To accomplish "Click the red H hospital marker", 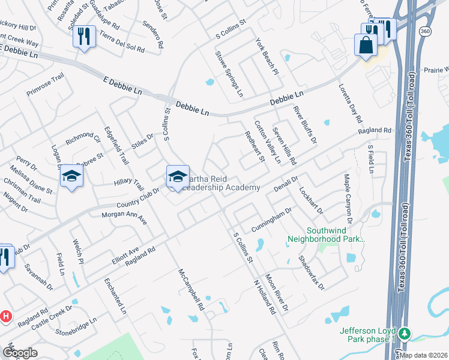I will pyautogui.click(x=5, y=316).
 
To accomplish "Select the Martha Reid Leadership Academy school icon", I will pyautogui.click(x=178, y=176).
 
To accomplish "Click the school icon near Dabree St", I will pyautogui.click(x=71, y=176).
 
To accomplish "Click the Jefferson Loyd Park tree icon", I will pyautogui.click(x=405, y=333).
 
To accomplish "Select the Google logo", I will pyautogui.click(x=20, y=353).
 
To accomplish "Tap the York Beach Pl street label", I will pyautogui.click(x=267, y=57).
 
